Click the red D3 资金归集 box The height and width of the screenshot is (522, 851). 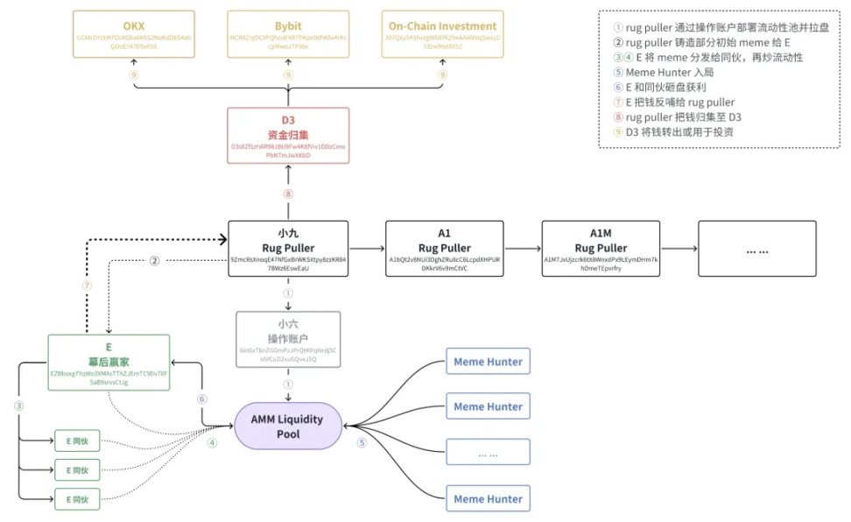point(288,135)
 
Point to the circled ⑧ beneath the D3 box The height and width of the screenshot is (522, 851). point(288,194)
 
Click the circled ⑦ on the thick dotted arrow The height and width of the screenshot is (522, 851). point(86,286)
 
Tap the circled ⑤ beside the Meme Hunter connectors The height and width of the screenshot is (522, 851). point(362,442)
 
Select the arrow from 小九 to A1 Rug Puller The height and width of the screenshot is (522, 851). point(367,248)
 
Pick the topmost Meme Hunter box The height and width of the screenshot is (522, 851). point(488,361)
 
